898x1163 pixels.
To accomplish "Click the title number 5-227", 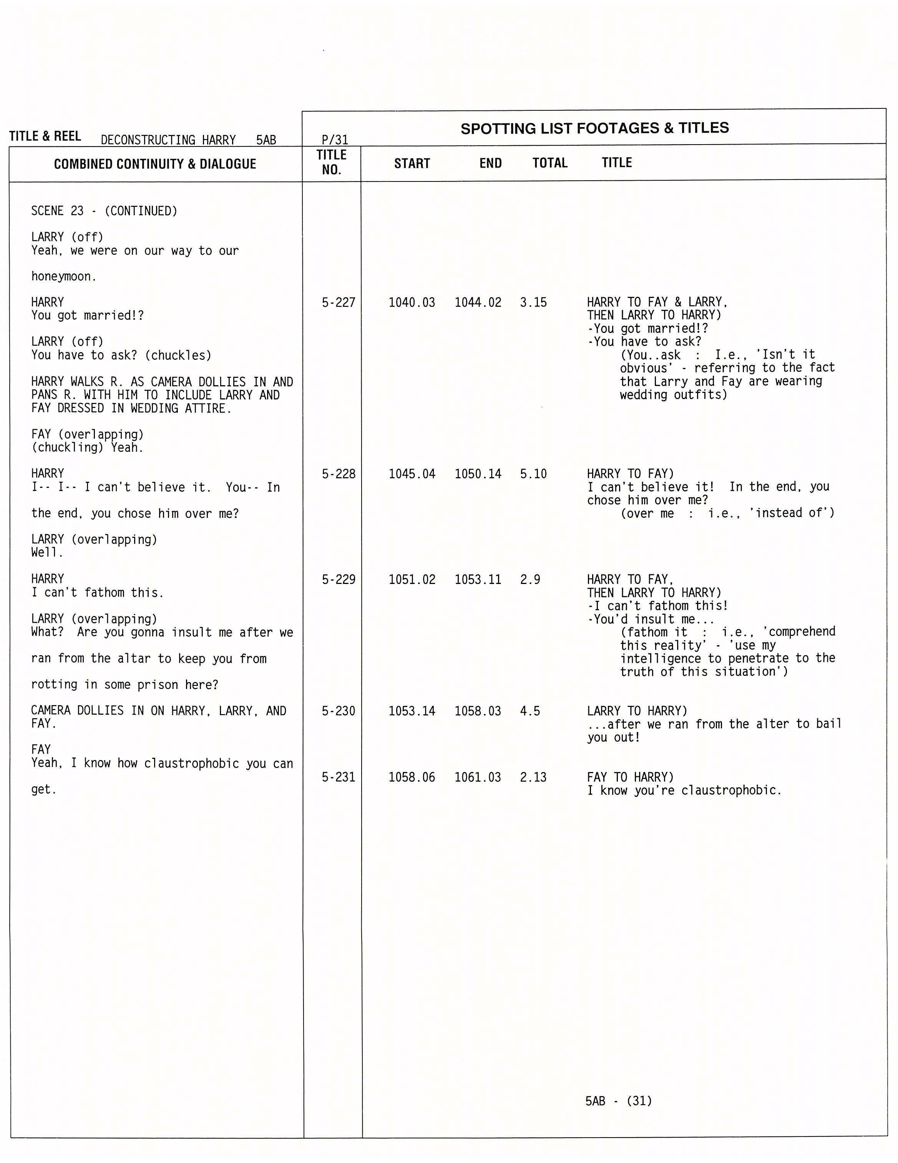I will click(x=338, y=303).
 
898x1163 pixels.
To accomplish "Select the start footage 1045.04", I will click(x=412, y=474).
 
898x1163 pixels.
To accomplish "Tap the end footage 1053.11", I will click(x=478, y=579).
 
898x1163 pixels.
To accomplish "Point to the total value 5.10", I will click(x=533, y=474).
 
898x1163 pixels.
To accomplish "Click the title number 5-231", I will click(x=338, y=777).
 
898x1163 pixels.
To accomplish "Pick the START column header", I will click(x=412, y=163).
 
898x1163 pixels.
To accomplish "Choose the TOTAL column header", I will click(x=550, y=163).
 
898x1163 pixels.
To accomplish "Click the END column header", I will click(x=490, y=163).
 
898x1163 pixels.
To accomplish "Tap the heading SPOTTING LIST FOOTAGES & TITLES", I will click(x=594, y=128).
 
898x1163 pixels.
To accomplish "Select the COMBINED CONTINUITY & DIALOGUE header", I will click(x=155, y=164).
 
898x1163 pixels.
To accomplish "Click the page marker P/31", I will click(x=335, y=140).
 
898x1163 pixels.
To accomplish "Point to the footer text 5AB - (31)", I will click(x=618, y=1101).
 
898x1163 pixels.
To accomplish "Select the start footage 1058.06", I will click(x=412, y=777).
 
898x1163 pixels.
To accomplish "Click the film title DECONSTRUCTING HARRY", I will click(x=168, y=140).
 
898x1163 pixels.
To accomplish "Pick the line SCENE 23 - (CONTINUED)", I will click(x=104, y=211).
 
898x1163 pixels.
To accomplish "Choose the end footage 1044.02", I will click(x=478, y=303).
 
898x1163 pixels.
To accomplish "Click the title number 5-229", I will click(x=338, y=579).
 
